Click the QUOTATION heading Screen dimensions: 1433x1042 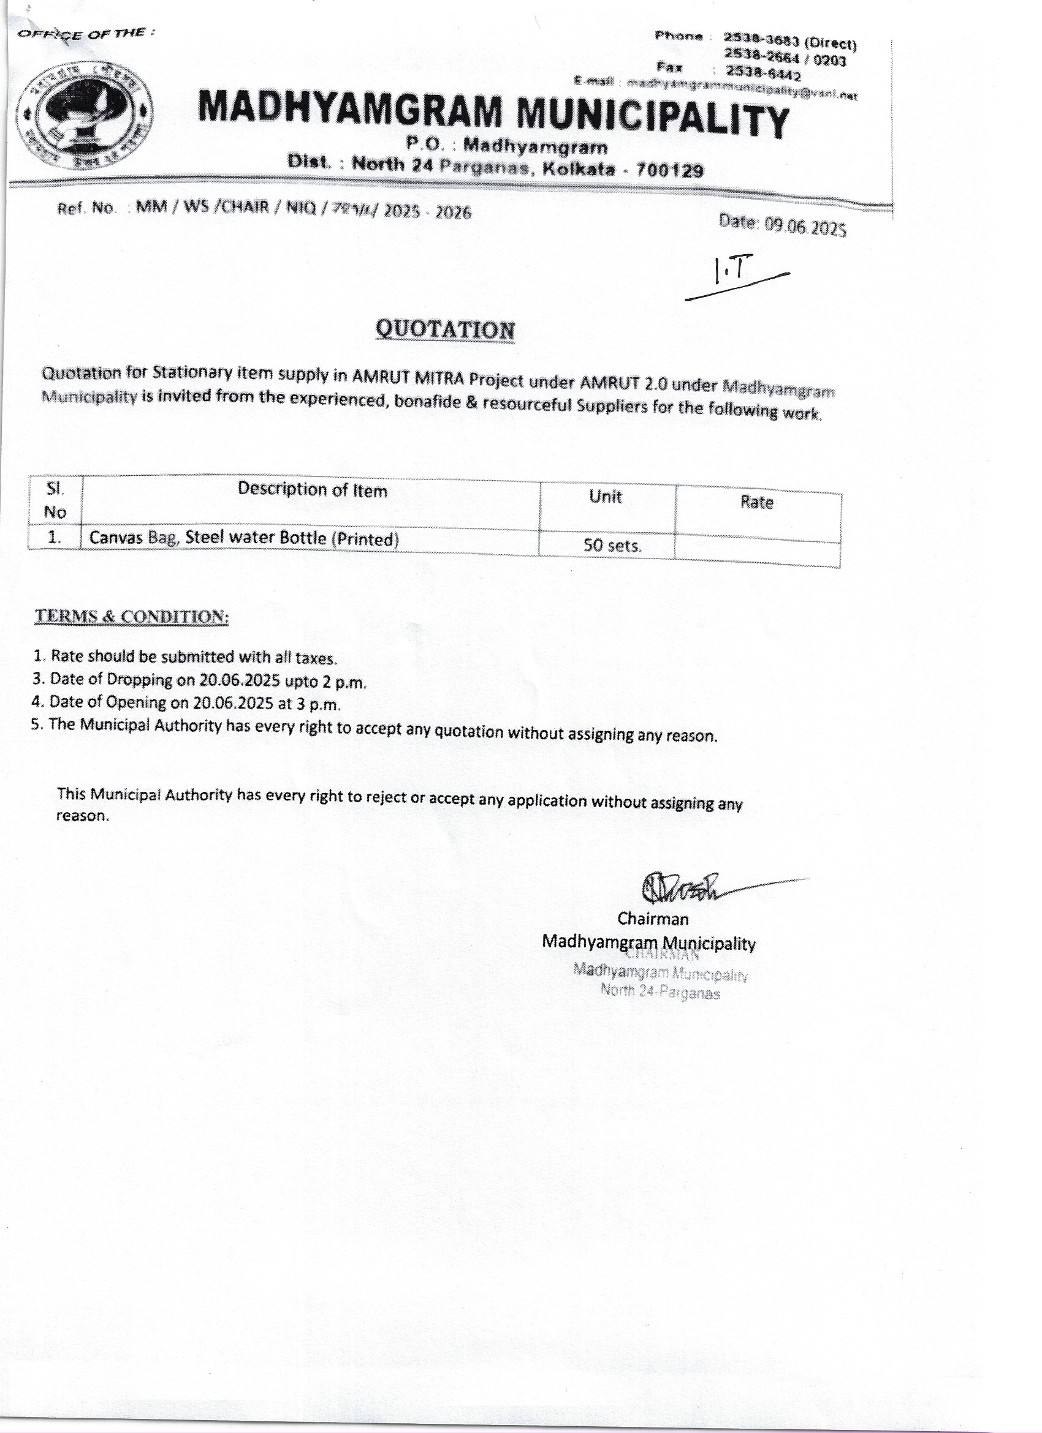tap(445, 330)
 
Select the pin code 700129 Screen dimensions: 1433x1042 tap(669, 170)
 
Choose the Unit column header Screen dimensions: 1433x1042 tap(605, 497)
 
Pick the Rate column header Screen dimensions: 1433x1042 tap(757, 503)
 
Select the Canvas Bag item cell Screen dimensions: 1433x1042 tap(244, 538)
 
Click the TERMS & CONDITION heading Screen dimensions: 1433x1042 tap(132, 617)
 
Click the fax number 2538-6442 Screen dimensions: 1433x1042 tap(762, 75)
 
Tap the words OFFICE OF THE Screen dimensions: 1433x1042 tap(85, 34)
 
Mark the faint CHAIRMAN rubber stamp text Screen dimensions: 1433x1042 tap(661, 955)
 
